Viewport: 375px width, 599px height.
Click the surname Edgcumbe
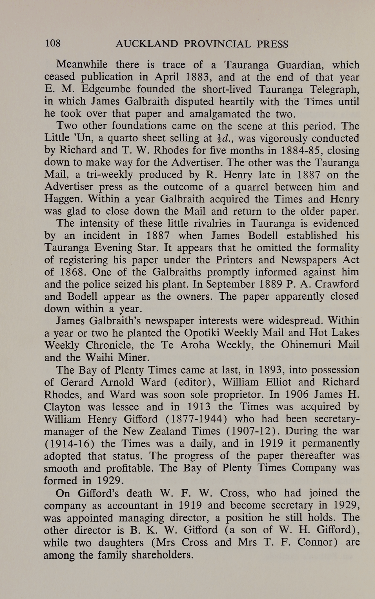(106, 89)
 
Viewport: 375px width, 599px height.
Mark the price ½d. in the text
(224, 138)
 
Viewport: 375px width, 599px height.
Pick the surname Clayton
(62, 407)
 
